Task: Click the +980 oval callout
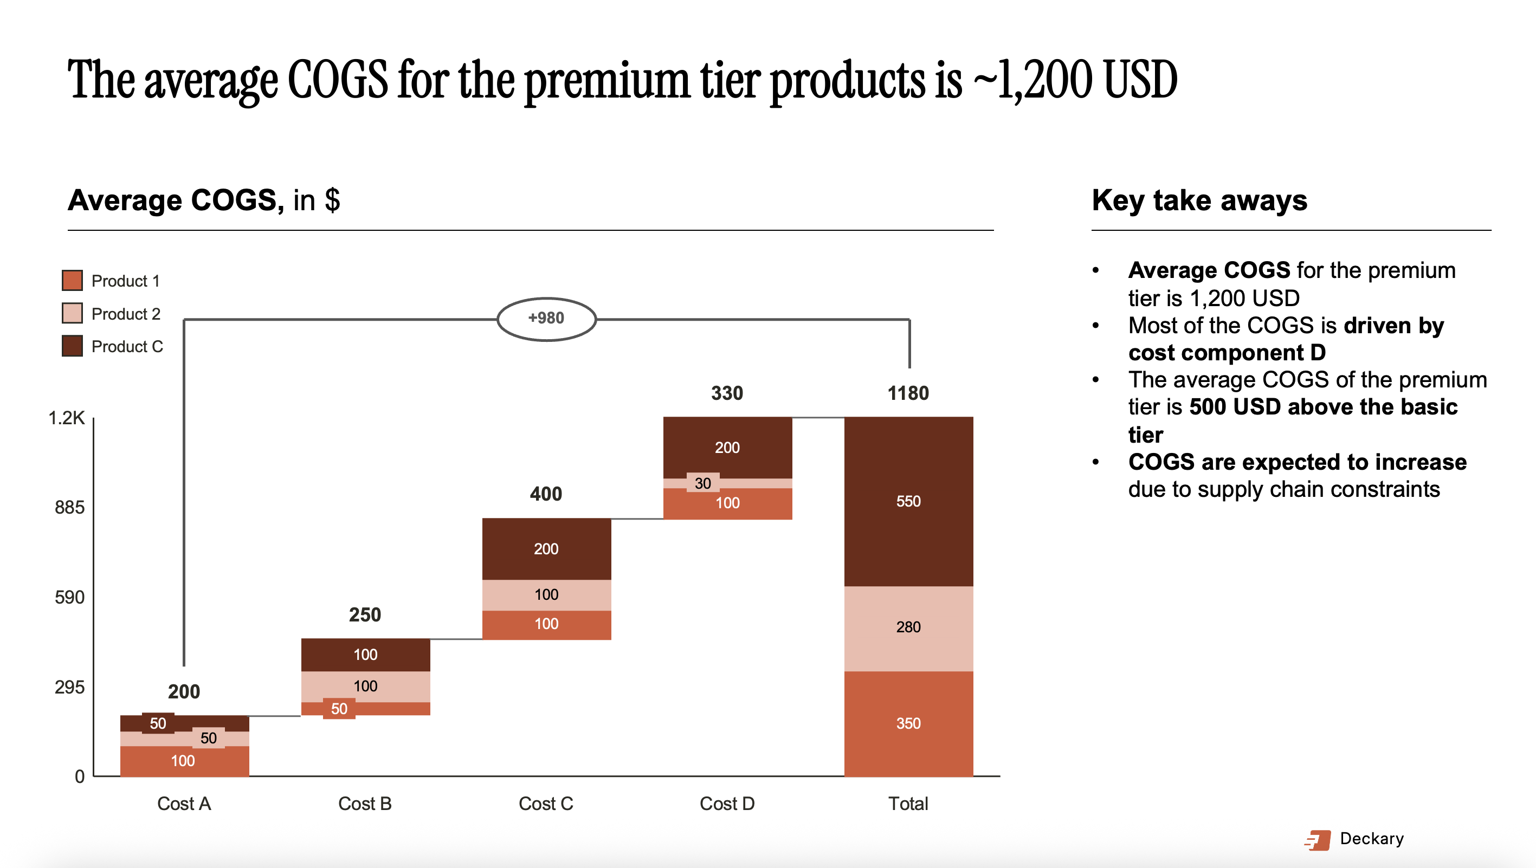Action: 546,319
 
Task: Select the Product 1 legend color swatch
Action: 72,280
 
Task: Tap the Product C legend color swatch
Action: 72,346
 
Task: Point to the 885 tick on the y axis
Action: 70,507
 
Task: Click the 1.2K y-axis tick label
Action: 66,418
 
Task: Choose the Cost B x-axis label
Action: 365,804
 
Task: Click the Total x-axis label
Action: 908,804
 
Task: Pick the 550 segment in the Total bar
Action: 908,501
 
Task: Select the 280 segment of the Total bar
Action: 908,629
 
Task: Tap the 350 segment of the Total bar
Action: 908,724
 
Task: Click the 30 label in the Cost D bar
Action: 703,483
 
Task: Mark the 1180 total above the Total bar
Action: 908,393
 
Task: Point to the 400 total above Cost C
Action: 546,494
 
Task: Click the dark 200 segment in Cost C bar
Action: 546,549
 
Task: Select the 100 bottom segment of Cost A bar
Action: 184,761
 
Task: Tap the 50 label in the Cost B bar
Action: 339,709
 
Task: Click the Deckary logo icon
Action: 1317,840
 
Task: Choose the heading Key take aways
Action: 1199,200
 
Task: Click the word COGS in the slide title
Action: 338,79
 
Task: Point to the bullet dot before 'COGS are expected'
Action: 1095,462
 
